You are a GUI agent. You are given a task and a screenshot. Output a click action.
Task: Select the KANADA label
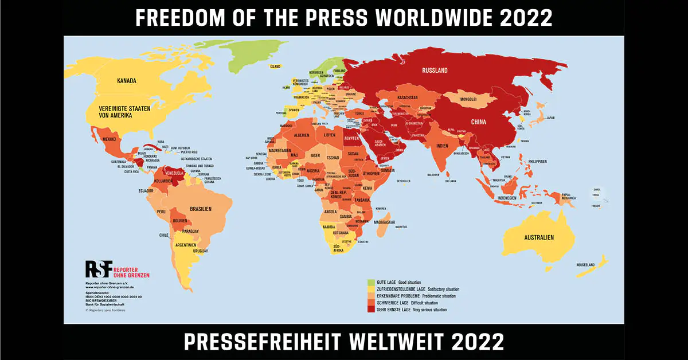(x=127, y=81)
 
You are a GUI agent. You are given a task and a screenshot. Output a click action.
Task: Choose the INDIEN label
(x=441, y=146)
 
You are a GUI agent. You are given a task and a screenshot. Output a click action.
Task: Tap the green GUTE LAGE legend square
(x=371, y=283)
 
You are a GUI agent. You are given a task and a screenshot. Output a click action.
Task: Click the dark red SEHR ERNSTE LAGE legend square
(x=371, y=310)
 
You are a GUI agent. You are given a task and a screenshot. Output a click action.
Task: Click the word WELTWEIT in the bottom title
(x=399, y=342)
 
